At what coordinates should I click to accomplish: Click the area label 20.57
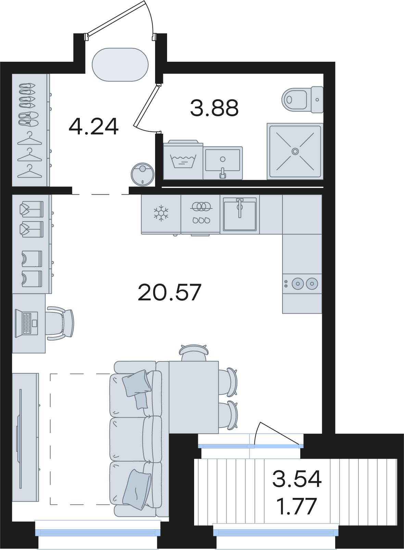click(169, 292)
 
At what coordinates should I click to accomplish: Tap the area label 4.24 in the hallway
click(94, 127)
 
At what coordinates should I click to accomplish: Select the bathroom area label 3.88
click(214, 108)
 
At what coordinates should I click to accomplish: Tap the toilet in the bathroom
click(302, 99)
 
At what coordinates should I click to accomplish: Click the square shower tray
click(295, 151)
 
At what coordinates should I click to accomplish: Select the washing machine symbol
click(183, 159)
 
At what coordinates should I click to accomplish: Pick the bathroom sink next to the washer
click(223, 163)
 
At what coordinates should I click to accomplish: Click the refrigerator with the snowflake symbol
click(161, 214)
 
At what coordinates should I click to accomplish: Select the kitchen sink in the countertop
click(240, 214)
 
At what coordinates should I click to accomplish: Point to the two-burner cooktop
click(302, 284)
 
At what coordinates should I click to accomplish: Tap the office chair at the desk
click(60, 323)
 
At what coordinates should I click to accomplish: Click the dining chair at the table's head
click(193, 352)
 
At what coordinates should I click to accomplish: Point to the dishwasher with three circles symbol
click(201, 214)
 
